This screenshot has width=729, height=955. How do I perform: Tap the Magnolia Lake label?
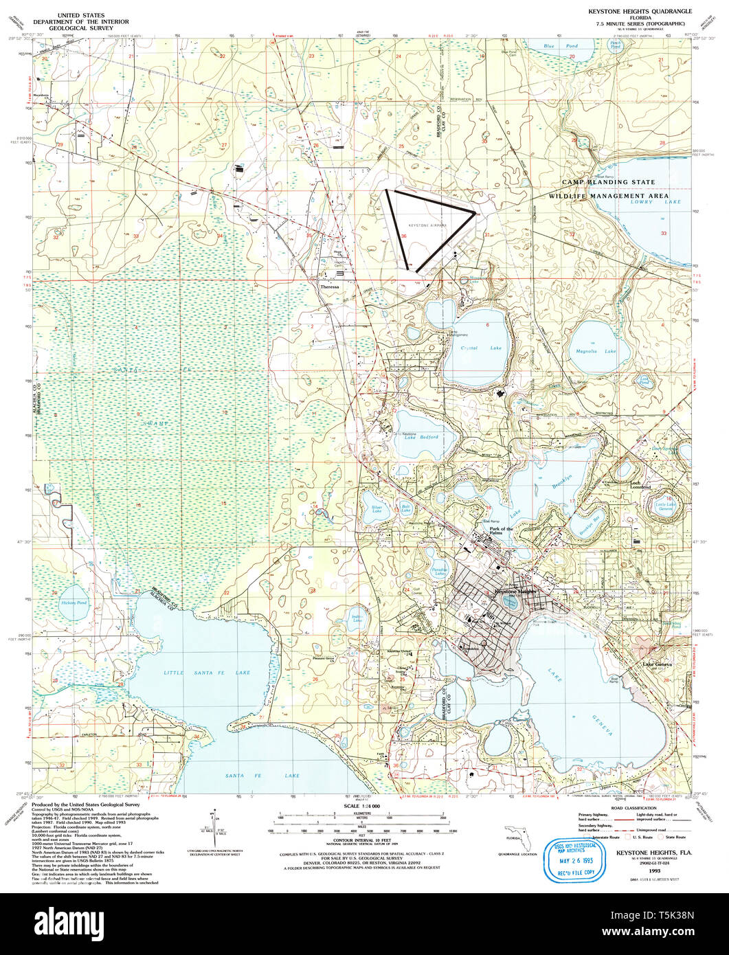[596, 351]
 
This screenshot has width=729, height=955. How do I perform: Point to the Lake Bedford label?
[424, 438]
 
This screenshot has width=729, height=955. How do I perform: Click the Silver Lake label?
[377, 508]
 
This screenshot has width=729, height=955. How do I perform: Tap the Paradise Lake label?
[439, 570]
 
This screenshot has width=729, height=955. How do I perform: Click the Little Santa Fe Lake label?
[206, 672]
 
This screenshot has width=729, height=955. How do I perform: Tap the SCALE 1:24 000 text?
[361, 805]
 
